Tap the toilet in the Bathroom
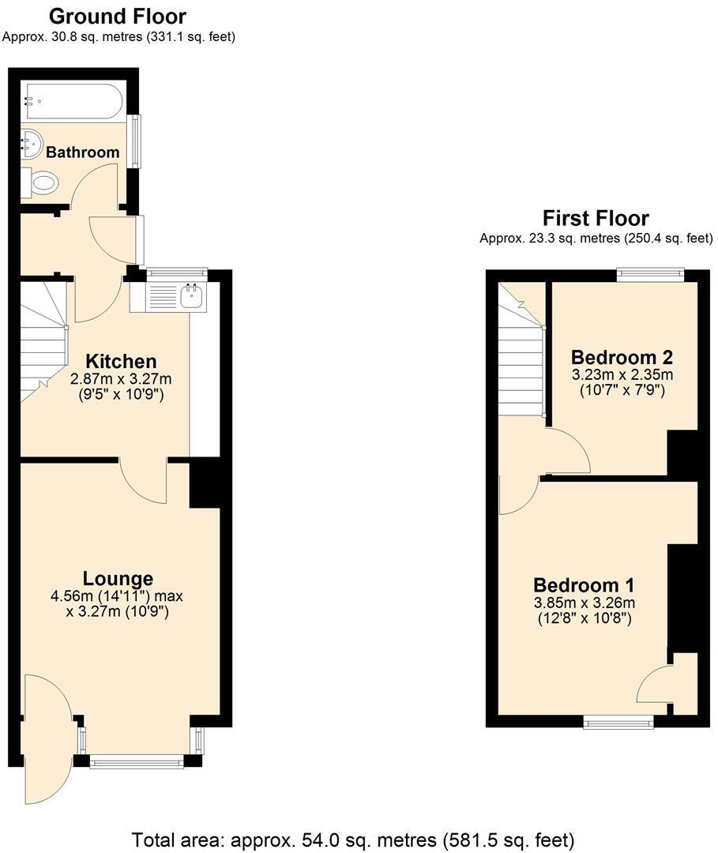[42, 184]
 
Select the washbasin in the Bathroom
[30, 142]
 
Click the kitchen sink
[192, 297]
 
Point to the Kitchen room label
[120, 361]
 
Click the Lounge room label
[118, 578]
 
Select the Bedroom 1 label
[584, 585]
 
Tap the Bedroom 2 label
[622, 356]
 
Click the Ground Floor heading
[118, 16]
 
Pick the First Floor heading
[596, 218]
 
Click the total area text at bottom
[353, 839]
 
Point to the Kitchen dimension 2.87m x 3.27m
[120, 379]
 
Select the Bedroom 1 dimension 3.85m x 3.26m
[584, 603]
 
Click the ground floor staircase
[43, 340]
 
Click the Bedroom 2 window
[651, 275]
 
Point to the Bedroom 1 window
[618, 721]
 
